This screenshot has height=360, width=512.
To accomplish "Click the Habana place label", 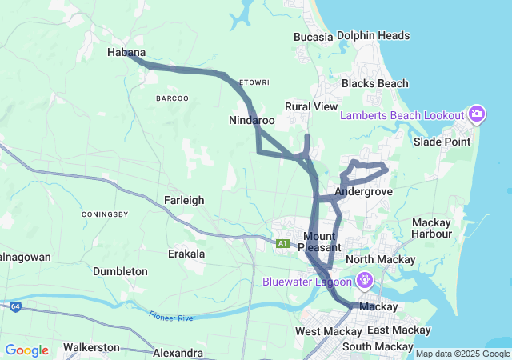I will point(126,52).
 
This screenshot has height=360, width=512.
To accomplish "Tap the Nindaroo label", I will point(252,120).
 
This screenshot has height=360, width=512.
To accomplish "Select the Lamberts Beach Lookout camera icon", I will point(477,115).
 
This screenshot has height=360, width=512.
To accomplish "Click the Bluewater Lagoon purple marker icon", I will point(365,281).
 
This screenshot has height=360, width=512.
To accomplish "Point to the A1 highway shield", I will point(282,243).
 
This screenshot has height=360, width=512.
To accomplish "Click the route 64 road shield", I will point(15,306).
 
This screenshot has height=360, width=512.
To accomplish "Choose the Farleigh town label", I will point(184,200).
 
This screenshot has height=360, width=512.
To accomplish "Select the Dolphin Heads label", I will point(373,35).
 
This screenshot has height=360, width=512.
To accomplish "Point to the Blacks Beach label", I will point(374,83).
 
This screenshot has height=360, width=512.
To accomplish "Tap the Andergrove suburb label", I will point(364,192).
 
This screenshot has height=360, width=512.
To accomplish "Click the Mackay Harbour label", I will point(431,228).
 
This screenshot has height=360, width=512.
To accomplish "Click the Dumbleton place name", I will point(120,271).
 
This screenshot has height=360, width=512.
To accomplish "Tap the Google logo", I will point(26,350).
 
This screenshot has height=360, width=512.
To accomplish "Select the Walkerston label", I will point(91,347).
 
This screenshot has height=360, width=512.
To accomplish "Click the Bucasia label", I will point(313,37).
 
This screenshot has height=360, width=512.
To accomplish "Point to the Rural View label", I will point(311,106).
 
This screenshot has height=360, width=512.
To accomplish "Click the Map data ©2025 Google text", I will point(462,354).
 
